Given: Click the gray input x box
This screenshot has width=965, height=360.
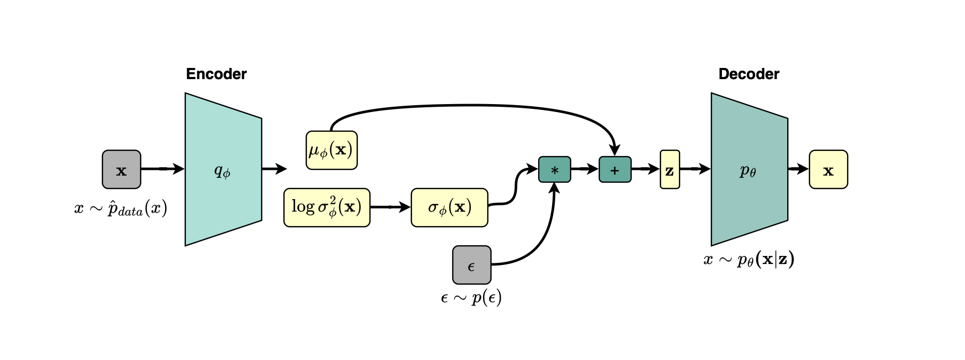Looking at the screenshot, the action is click(122, 169).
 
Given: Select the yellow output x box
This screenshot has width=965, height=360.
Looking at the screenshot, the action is click(828, 169).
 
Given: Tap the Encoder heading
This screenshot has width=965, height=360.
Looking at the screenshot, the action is click(216, 74).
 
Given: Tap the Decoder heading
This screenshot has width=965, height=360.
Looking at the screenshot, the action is click(748, 74).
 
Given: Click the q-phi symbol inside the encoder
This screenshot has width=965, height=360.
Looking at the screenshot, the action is click(222, 171).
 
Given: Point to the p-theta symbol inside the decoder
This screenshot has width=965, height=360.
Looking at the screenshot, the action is click(748, 171).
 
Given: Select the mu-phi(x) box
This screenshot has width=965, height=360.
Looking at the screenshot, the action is click(332, 150).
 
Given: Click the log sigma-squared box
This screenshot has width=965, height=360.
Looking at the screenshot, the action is click(326, 208).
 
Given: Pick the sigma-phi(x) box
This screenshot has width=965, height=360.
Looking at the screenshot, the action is click(450, 208).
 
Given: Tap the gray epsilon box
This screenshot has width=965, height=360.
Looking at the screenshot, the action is click(472, 265).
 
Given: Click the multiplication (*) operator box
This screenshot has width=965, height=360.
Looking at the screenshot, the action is click(555, 169).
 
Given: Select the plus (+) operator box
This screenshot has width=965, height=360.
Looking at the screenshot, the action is click(615, 169).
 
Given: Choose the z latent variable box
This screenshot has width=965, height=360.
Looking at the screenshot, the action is click(670, 169).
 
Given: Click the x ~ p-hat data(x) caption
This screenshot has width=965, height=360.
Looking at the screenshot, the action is click(121, 208).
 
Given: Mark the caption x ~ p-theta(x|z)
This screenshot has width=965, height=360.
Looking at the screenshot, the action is click(749, 260).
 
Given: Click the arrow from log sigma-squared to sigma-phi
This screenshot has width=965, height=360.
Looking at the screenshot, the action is click(391, 207).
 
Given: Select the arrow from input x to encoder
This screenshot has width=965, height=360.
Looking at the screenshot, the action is click(163, 169).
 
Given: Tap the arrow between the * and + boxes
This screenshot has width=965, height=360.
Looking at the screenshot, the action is click(585, 169).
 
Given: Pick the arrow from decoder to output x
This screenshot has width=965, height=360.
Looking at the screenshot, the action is click(798, 169).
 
